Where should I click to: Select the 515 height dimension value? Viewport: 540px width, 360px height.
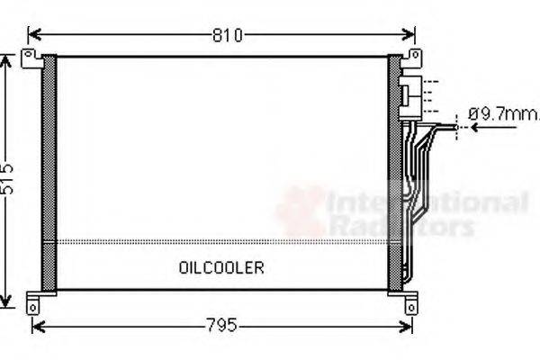click(8, 181)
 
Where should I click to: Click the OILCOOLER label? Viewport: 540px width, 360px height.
click(220, 267)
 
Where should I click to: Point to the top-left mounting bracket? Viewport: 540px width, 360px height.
click(31, 59)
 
